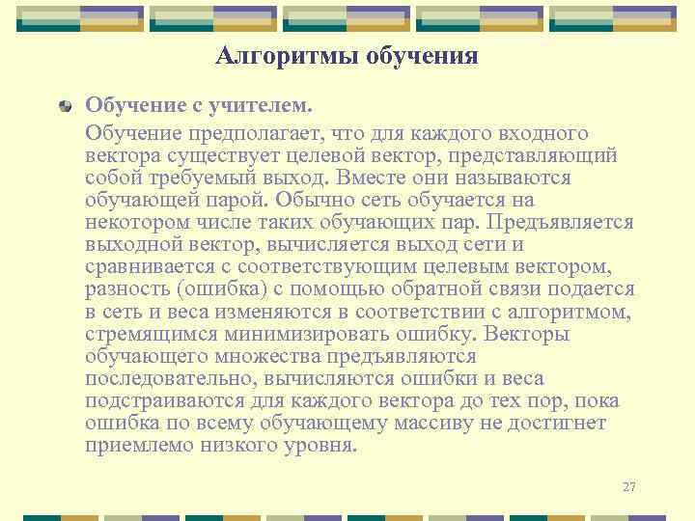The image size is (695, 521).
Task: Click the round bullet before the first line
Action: (64, 103)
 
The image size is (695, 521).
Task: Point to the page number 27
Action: (629, 486)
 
